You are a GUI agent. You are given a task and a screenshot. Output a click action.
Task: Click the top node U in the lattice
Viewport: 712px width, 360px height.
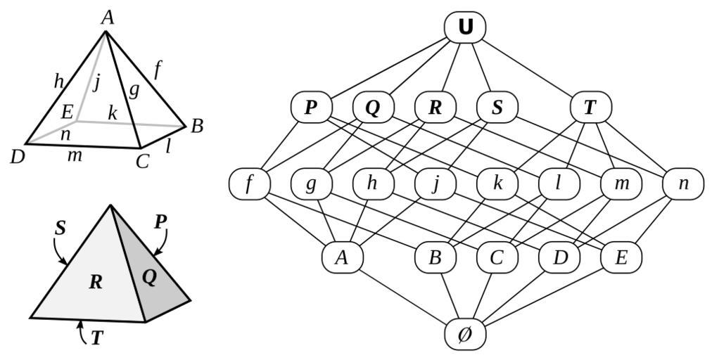[x=465, y=27]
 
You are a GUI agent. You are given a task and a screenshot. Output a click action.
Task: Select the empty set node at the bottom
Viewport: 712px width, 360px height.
[x=465, y=335]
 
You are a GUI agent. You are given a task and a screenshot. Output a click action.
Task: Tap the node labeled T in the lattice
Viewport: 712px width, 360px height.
[x=590, y=108]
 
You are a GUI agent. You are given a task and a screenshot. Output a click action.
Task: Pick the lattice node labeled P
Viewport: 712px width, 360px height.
[x=311, y=108]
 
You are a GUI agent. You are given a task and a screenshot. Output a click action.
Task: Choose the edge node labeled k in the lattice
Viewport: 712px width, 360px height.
[x=497, y=184]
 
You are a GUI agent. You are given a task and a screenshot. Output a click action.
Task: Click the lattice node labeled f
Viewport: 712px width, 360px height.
[x=249, y=184]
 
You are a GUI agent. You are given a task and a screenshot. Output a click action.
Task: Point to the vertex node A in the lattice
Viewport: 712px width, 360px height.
[x=342, y=257]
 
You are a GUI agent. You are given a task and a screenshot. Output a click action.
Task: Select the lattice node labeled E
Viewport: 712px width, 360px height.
[x=621, y=257]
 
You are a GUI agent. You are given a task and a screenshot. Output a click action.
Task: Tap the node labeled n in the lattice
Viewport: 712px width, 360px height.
[x=683, y=184]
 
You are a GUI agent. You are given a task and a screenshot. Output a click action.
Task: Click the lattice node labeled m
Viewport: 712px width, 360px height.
[x=621, y=184]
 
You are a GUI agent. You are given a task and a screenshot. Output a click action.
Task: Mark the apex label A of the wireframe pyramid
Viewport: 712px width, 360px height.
[x=107, y=18]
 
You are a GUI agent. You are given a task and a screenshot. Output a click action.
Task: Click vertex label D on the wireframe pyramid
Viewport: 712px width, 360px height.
[x=18, y=156]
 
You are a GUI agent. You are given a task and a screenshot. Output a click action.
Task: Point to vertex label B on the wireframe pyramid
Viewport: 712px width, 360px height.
[x=197, y=126]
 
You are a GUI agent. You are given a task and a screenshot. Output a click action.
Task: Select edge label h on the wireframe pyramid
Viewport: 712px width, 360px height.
[x=59, y=81]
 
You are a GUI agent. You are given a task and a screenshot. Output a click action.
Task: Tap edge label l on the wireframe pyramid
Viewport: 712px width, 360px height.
[x=167, y=146]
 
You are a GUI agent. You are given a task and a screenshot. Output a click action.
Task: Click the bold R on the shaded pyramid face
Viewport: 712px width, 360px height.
[x=96, y=283]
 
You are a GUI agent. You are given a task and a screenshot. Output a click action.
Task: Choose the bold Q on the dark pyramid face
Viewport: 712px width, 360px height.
[x=149, y=276]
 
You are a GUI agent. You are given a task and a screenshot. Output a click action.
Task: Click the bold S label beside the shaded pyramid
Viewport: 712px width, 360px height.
[x=61, y=228]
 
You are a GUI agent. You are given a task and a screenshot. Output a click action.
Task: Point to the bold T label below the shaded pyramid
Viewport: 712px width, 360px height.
[x=96, y=339]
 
